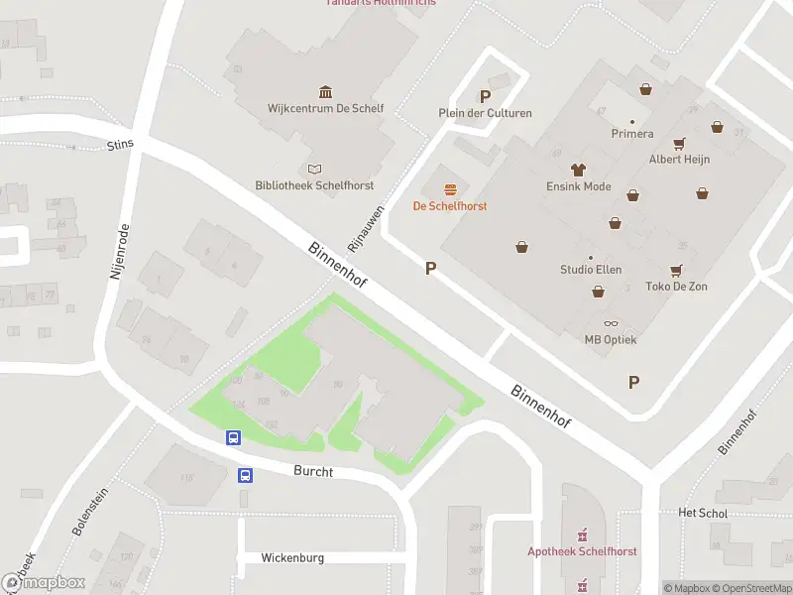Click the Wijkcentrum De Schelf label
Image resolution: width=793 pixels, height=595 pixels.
coord(325,109)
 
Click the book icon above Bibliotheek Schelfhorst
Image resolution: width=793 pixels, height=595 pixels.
coord(315,169)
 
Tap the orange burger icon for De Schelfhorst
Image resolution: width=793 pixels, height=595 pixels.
coord(451,189)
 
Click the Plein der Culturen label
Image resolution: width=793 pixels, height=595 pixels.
coord(485,113)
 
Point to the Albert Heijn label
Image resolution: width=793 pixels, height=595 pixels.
coord(679,159)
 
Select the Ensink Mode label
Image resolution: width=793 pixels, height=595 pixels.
coord(579,186)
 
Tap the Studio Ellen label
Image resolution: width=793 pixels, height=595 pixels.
coord(591,270)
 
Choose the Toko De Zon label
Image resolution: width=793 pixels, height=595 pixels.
coord(676,287)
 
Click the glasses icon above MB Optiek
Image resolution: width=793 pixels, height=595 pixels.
coord(611,323)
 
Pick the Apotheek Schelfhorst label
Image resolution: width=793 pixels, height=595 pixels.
coord(582,551)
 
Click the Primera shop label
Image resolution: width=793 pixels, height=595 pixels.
coord(631,134)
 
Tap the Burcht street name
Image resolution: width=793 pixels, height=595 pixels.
coord(313,472)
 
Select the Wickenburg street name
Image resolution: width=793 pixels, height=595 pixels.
coord(292,558)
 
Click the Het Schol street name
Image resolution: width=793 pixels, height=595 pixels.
coord(703,514)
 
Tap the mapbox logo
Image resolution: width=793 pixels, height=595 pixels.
coord(44,583)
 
